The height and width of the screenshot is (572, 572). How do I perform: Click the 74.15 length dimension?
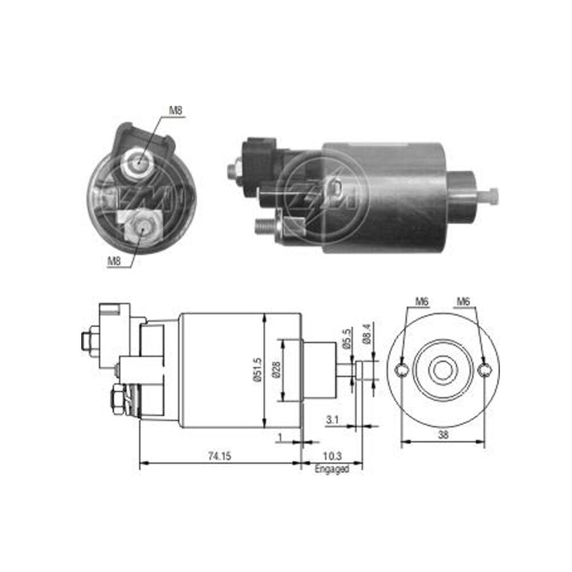(220, 456)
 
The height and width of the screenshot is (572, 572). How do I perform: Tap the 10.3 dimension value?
(332, 456)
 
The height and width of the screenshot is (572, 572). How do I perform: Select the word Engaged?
(332, 469)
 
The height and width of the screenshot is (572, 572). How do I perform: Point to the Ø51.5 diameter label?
(257, 370)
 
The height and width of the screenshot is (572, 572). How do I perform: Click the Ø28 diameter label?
(276, 370)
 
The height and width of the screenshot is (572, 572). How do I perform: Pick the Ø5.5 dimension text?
(347, 339)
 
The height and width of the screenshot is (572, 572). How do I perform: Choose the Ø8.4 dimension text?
(367, 334)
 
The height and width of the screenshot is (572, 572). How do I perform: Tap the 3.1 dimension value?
(332, 419)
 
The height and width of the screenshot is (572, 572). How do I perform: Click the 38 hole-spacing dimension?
(443, 435)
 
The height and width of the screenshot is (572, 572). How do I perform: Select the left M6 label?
(422, 301)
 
